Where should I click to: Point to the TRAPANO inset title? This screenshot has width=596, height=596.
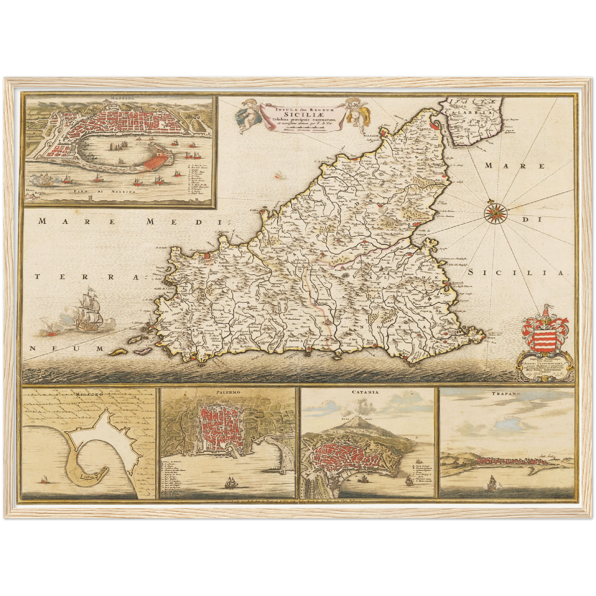tap(506, 394)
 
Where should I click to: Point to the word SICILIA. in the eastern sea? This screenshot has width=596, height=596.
tap(518, 273)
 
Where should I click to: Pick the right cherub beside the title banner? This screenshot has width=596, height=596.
tap(355, 111)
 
